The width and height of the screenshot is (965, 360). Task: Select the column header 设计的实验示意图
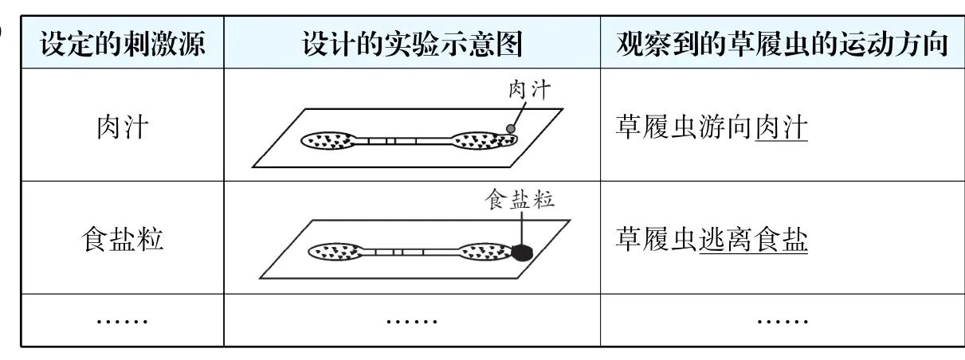point(411,45)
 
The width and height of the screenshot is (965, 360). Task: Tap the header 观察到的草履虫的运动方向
point(781,45)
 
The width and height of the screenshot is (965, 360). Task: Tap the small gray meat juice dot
point(510,127)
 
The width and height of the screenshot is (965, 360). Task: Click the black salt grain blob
point(521,253)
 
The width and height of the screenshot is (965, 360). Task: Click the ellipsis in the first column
point(122,320)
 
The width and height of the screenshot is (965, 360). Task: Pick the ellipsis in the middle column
point(411,320)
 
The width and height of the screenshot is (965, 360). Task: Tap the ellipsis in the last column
point(782,320)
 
